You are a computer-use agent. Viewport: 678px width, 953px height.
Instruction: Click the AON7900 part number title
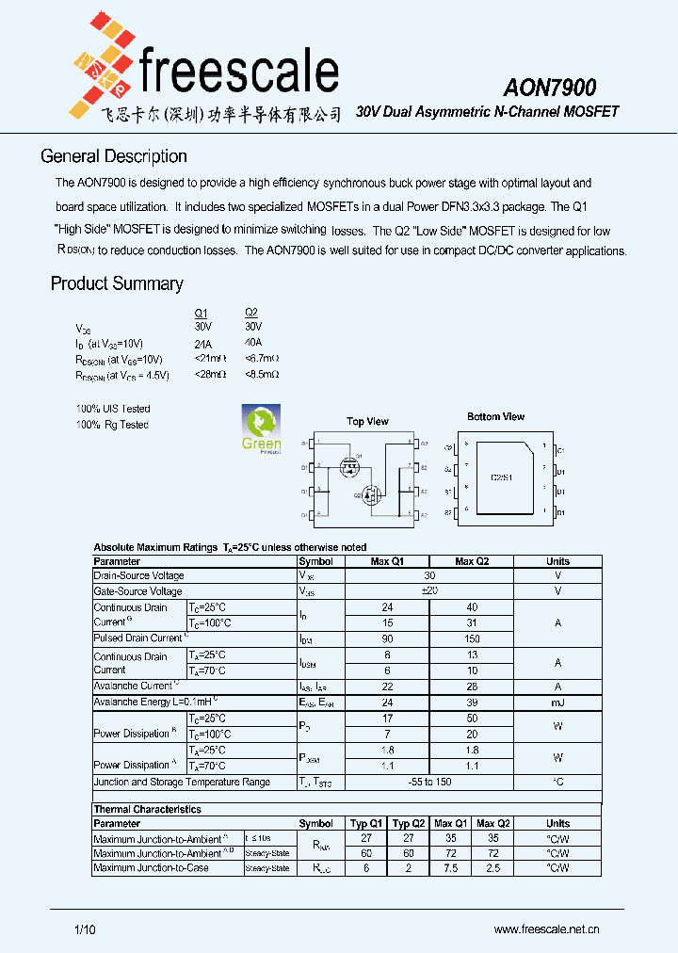coord(549,88)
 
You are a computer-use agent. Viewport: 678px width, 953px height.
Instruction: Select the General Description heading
coord(114,156)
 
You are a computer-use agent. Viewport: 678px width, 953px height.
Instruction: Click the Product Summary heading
coord(117,283)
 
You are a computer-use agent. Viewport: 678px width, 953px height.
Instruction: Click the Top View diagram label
coord(367,421)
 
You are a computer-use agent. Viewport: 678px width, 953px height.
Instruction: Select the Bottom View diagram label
coord(495,416)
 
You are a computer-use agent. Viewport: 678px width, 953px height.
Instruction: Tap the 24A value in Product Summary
coord(202,344)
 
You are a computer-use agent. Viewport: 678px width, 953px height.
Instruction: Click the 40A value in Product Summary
coord(252,343)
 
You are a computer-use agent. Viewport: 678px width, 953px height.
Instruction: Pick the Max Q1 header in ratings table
coord(387,561)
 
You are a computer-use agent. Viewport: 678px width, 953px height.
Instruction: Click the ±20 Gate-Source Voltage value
coord(429,591)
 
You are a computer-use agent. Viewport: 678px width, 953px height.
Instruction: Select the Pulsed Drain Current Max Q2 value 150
coord(471,639)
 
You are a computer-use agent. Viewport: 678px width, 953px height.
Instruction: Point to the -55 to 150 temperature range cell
coord(429,783)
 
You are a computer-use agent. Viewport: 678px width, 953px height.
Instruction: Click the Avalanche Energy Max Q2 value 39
coord(471,702)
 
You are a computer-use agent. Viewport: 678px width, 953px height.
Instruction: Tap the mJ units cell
coord(557,702)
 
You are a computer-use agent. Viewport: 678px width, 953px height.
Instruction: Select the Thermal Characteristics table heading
coord(147,809)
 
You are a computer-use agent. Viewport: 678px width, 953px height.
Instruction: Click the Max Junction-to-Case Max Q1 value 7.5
coord(449,867)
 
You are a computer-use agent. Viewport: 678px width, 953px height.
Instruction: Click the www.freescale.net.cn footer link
coord(547,929)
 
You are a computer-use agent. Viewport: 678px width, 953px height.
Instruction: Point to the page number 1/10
coord(84,929)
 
